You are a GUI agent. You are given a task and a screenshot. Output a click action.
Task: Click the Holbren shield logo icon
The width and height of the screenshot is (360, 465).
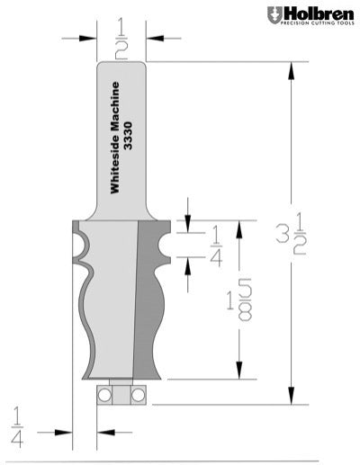[274, 14]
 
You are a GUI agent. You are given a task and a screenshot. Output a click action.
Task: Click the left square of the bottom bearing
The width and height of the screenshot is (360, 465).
[103, 397]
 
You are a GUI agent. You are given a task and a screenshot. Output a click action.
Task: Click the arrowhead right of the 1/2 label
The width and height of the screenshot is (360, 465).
[154, 38]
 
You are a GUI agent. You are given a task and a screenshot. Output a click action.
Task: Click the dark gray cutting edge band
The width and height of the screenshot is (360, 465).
[145, 297]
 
